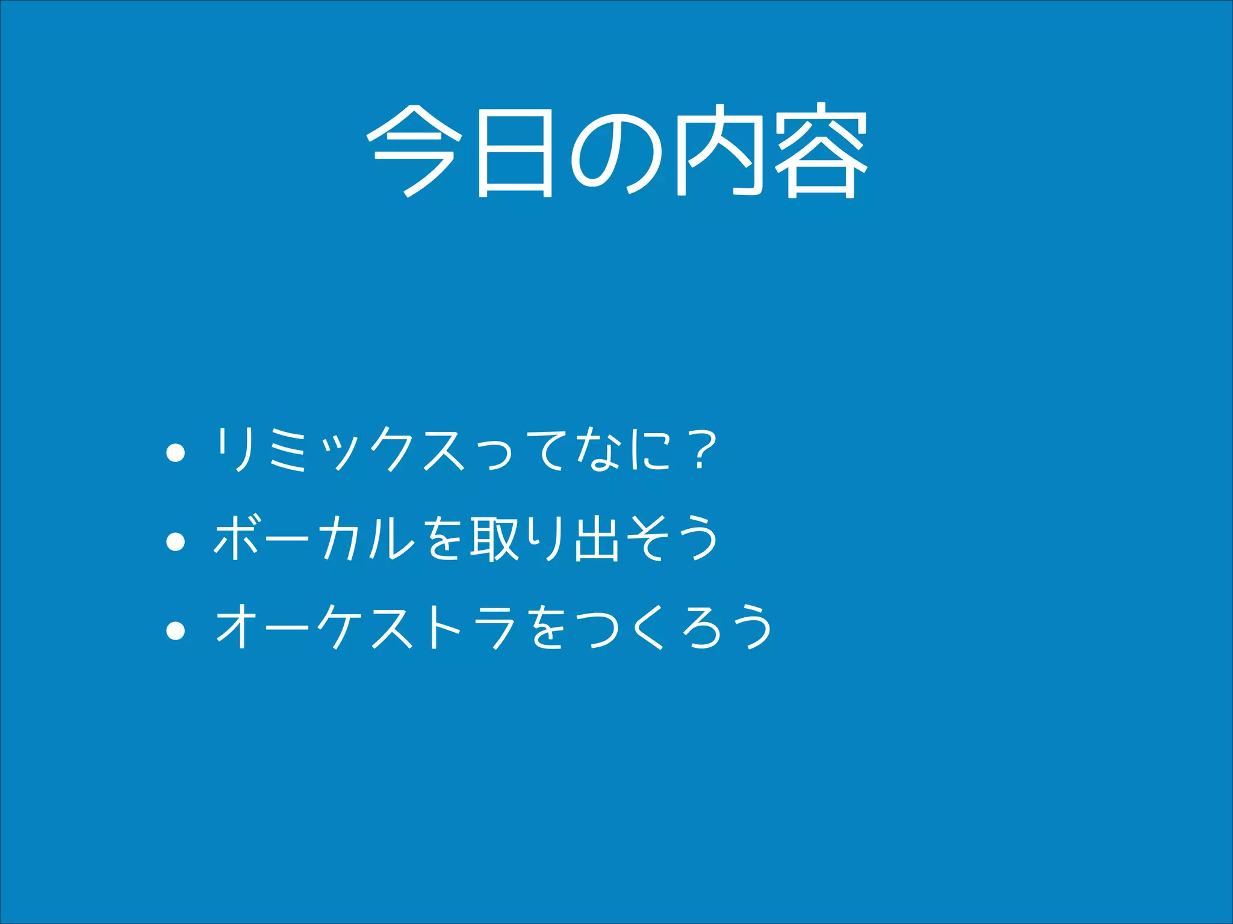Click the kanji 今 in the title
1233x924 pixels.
click(414, 151)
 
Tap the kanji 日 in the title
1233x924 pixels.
click(515, 153)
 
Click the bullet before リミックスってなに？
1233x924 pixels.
click(175, 453)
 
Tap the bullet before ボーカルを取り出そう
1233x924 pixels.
click(175, 541)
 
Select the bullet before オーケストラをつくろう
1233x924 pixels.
click(175, 630)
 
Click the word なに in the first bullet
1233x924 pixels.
click(623, 450)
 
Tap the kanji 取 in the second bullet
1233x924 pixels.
click(495, 538)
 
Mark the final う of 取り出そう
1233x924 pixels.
click(698, 538)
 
